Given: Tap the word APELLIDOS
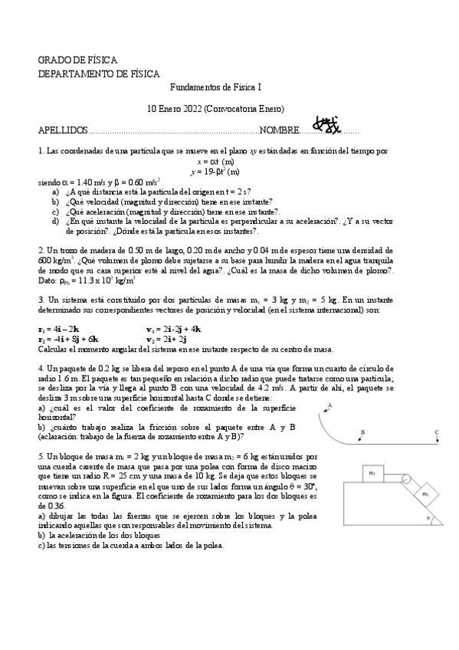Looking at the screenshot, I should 63,131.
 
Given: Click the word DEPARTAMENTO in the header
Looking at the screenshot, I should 80,74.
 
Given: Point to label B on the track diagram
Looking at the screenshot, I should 362,432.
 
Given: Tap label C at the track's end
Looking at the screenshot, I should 435,432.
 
